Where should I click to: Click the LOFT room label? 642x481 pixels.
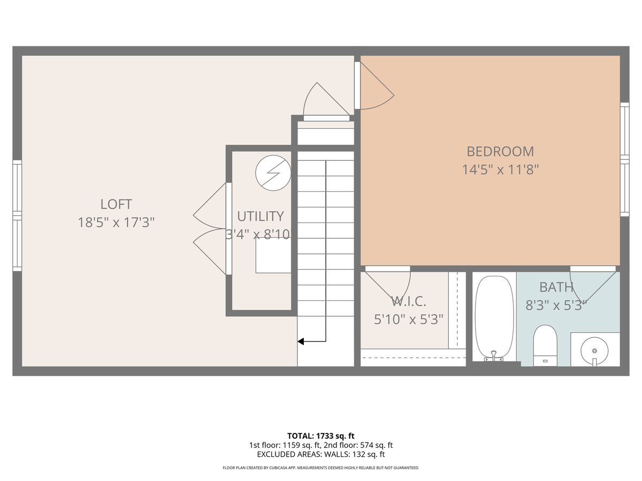pyautogui.click(x=116, y=204)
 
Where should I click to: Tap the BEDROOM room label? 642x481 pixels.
pyautogui.click(x=500, y=152)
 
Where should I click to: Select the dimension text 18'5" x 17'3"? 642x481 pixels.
pyautogui.click(x=116, y=222)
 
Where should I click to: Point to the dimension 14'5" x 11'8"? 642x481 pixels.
pyautogui.click(x=500, y=169)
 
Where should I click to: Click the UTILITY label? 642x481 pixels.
pyautogui.click(x=261, y=216)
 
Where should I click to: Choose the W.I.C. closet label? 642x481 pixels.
pyautogui.click(x=409, y=301)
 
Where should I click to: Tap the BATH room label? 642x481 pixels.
pyautogui.click(x=556, y=287)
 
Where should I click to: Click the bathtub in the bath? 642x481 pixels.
pyautogui.click(x=494, y=319)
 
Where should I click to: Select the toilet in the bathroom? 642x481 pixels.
pyautogui.click(x=545, y=345)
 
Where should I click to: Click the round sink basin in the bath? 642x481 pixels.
pyautogui.click(x=594, y=351)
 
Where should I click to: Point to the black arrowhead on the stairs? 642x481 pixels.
pyautogui.click(x=301, y=341)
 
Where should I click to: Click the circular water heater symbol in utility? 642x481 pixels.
pyautogui.click(x=273, y=173)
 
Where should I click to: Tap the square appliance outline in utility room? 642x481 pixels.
pyautogui.click(x=273, y=255)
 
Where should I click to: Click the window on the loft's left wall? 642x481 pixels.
pyautogui.click(x=17, y=215)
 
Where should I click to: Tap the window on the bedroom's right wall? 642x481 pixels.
pyautogui.click(x=625, y=159)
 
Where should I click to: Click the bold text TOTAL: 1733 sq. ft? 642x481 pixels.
pyautogui.click(x=321, y=436)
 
